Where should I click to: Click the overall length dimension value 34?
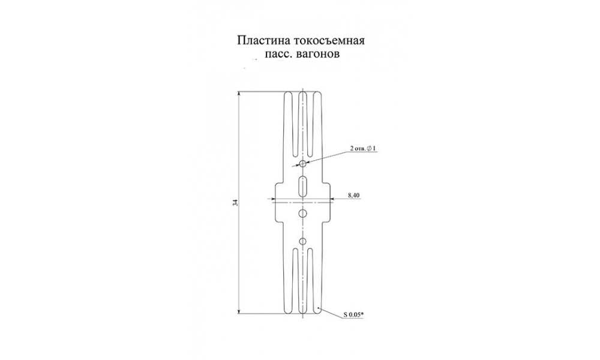point(235,203)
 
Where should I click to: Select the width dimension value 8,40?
point(353,196)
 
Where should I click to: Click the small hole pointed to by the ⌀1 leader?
point(302,164)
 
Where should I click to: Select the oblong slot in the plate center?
point(302,187)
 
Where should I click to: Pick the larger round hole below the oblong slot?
point(302,213)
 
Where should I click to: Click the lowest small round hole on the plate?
point(302,241)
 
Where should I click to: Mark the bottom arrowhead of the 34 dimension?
point(239,311)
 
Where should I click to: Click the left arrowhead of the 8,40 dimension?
point(272,199)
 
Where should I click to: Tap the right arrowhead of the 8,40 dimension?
point(333,199)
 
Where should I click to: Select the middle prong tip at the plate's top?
point(302,92)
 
